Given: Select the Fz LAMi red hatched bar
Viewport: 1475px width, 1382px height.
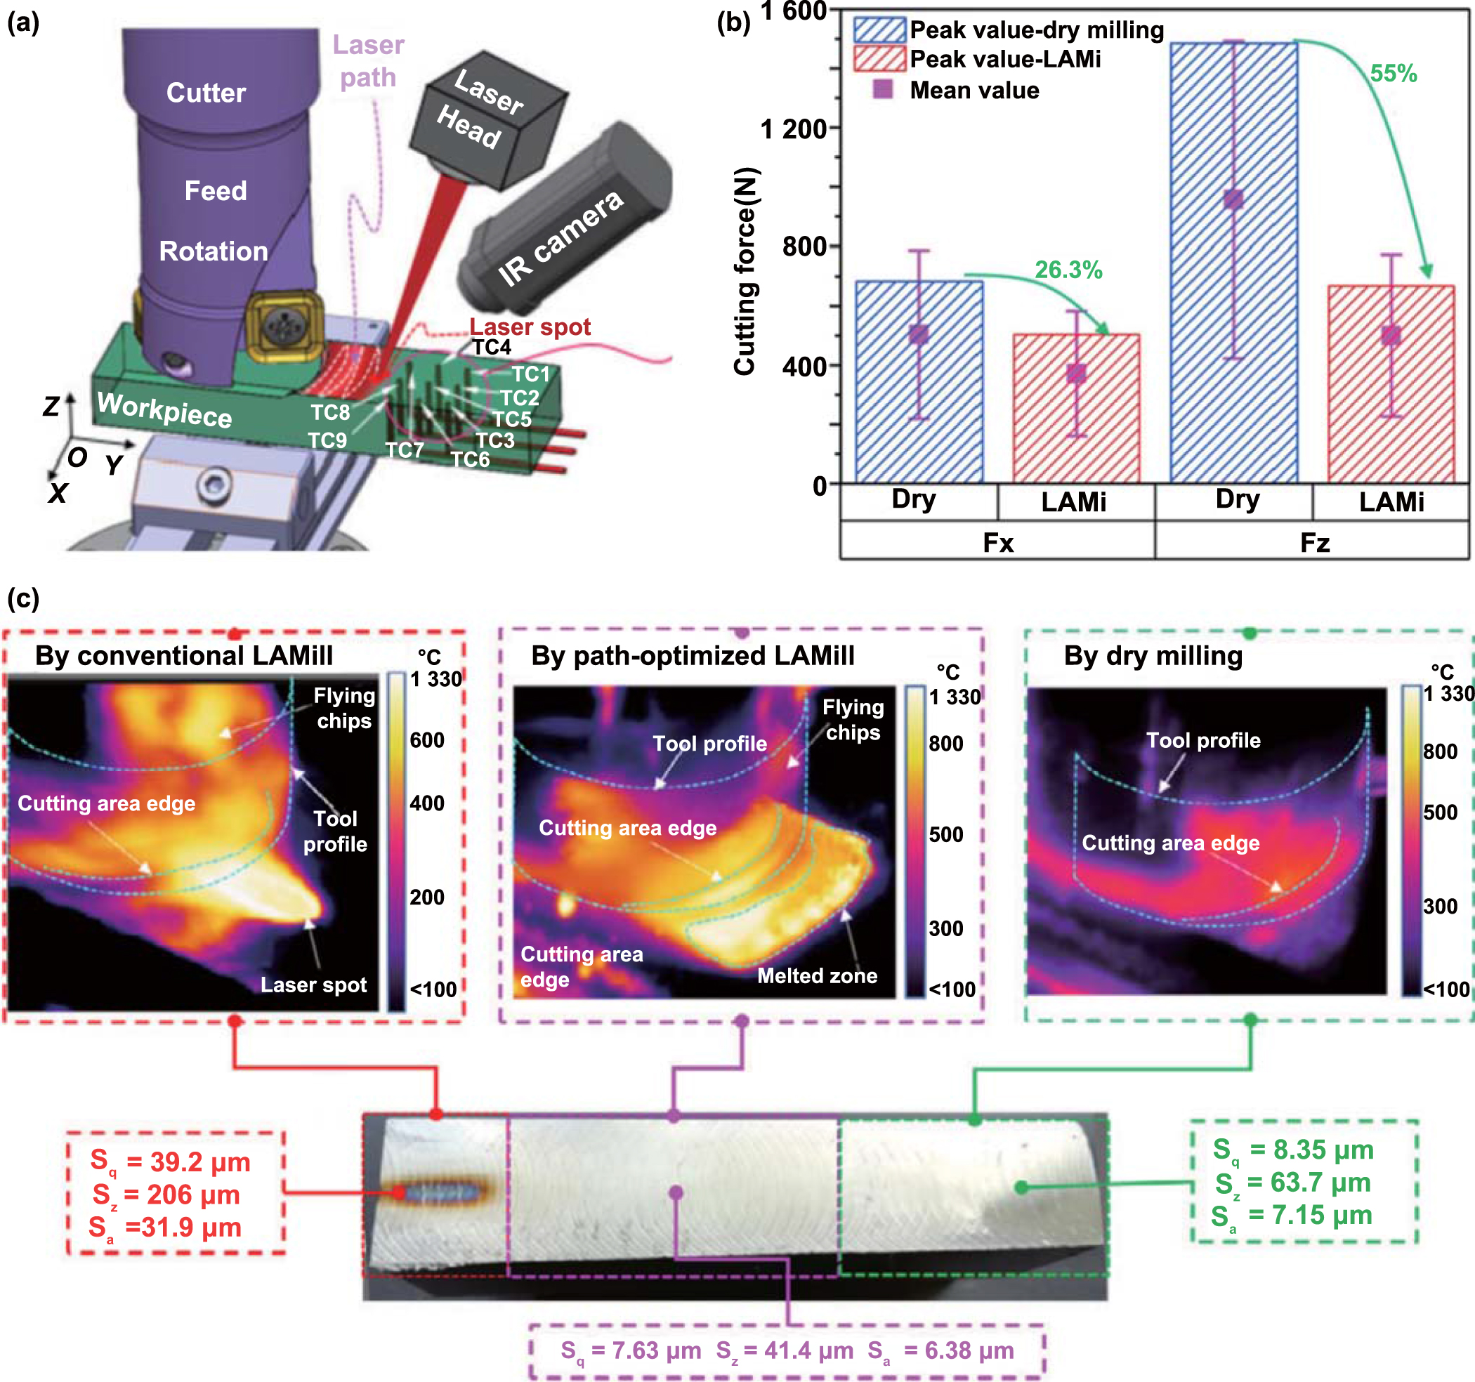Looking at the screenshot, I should (x=1391, y=416).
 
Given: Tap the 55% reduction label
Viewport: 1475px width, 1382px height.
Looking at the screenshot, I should (x=1393, y=74).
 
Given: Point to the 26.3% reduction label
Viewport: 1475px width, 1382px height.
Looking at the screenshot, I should (x=1068, y=270).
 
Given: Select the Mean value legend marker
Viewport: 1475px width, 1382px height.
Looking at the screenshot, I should (x=882, y=90).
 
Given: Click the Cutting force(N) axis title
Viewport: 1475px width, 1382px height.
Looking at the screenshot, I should (x=745, y=271).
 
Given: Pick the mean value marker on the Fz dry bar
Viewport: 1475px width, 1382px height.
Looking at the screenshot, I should (x=1233, y=199).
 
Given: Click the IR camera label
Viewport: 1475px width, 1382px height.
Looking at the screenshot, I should (x=560, y=237).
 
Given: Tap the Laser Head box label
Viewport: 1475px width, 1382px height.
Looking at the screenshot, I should (x=479, y=108).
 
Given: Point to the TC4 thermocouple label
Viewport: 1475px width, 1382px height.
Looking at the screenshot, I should (x=492, y=347).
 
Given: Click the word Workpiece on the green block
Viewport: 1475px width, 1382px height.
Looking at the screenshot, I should (x=165, y=409).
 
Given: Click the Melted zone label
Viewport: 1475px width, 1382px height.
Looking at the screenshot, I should (x=817, y=975).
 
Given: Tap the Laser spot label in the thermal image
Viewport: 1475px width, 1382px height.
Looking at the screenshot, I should (x=313, y=985).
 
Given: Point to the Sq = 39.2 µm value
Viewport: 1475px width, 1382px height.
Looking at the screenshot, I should (x=171, y=1161).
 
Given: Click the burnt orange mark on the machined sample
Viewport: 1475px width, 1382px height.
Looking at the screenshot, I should (x=439, y=1192).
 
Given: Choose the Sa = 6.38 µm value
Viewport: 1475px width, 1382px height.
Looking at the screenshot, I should (x=940, y=1351).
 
